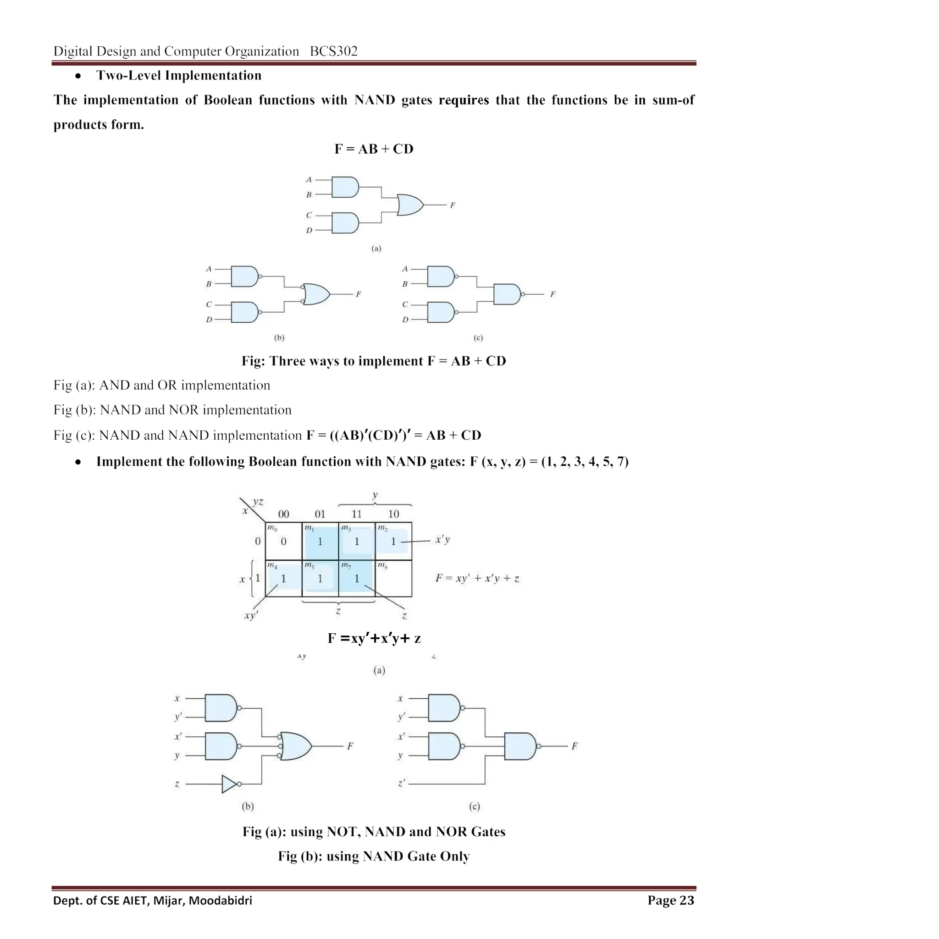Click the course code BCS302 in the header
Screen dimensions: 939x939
pyautogui.click(x=333, y=51)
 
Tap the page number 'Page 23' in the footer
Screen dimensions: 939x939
pyautogui.click(x=670, y=900)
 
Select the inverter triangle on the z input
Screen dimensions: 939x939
pyautogui.click(x=229, y=784)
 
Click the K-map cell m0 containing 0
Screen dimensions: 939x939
pyautogui.click(x=283, y=541)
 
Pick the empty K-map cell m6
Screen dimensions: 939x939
pyautogui.click(x=393, y=578)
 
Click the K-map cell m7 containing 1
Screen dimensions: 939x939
pyautogui.click(x=357, y=578)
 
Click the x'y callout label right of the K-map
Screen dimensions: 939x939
pyautogui.click(x=442, y=540)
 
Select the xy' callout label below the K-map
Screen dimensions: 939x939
pyautogui.click(x=251, y=616)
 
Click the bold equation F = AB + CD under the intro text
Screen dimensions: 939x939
pyautogui.click(x=374, y=149)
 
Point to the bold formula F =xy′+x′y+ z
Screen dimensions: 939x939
pyautogui.click(x=374, y=638)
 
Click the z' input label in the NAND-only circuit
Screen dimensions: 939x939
pyautogui.click(x=402, y=784)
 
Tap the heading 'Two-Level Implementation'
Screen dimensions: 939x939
pyautogui.click(x=178, y=75)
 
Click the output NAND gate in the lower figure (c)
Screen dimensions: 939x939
pyautogui.click(x=520, y=746)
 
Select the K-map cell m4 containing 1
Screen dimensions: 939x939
pyautogui.click(x=283, y=578)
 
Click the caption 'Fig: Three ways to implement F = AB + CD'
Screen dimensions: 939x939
pyautogui.click(x=374, y=361)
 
